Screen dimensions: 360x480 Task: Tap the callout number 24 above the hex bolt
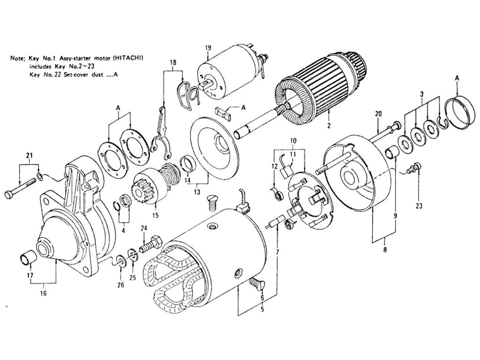coord(143,229)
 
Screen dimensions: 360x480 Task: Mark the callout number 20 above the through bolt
coord(379,113)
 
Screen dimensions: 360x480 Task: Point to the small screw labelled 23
coord(413,167)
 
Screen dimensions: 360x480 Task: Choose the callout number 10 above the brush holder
coord(292,140)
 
